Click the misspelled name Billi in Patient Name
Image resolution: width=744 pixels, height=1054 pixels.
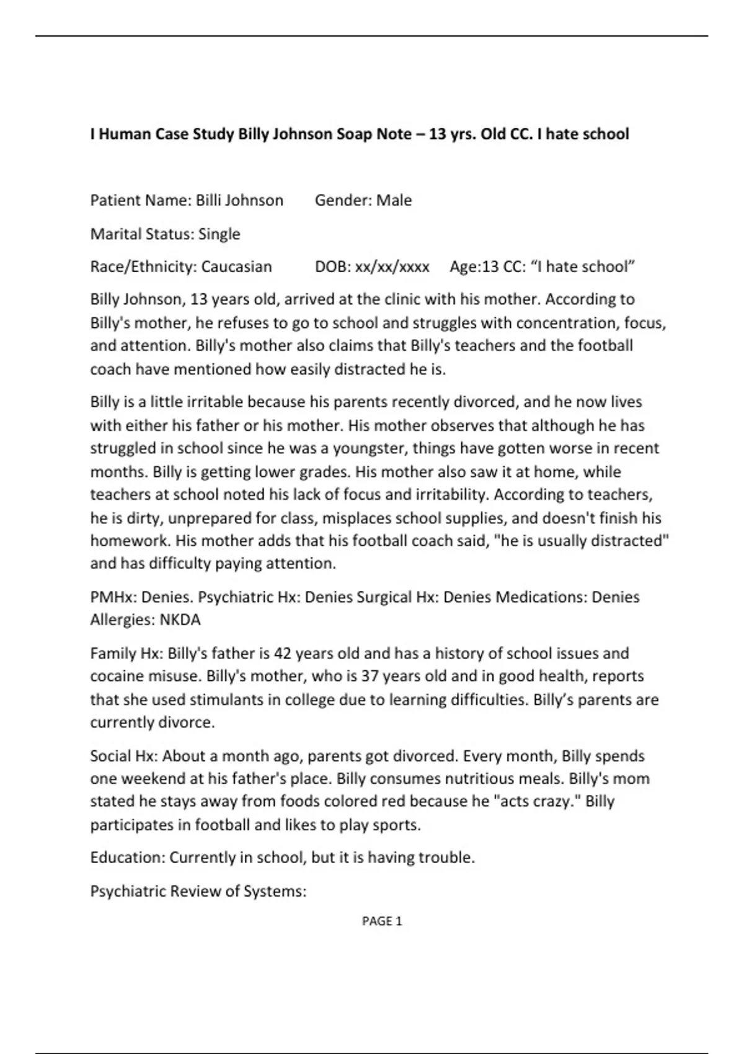coord(208,200)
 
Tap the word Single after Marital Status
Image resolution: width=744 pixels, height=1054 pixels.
coord(219,234)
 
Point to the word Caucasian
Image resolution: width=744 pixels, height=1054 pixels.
coord(236,267)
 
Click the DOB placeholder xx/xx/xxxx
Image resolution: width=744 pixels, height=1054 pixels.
coord(392,267)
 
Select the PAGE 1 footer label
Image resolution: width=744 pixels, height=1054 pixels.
coord(382,921)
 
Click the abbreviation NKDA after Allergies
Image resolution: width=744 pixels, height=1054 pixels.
coord(180,620)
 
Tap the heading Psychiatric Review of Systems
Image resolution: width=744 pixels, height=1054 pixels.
coord(198,891)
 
